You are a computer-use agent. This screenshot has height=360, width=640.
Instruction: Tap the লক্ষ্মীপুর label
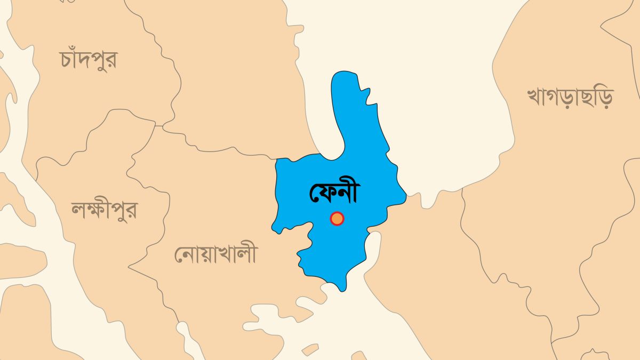104,210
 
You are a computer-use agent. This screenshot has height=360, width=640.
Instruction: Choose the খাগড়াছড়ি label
570,97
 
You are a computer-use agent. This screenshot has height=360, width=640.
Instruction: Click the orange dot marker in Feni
337,219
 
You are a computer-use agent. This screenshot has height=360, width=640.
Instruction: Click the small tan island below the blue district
310,349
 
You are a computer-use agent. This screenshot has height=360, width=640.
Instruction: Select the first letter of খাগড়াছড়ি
535,98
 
